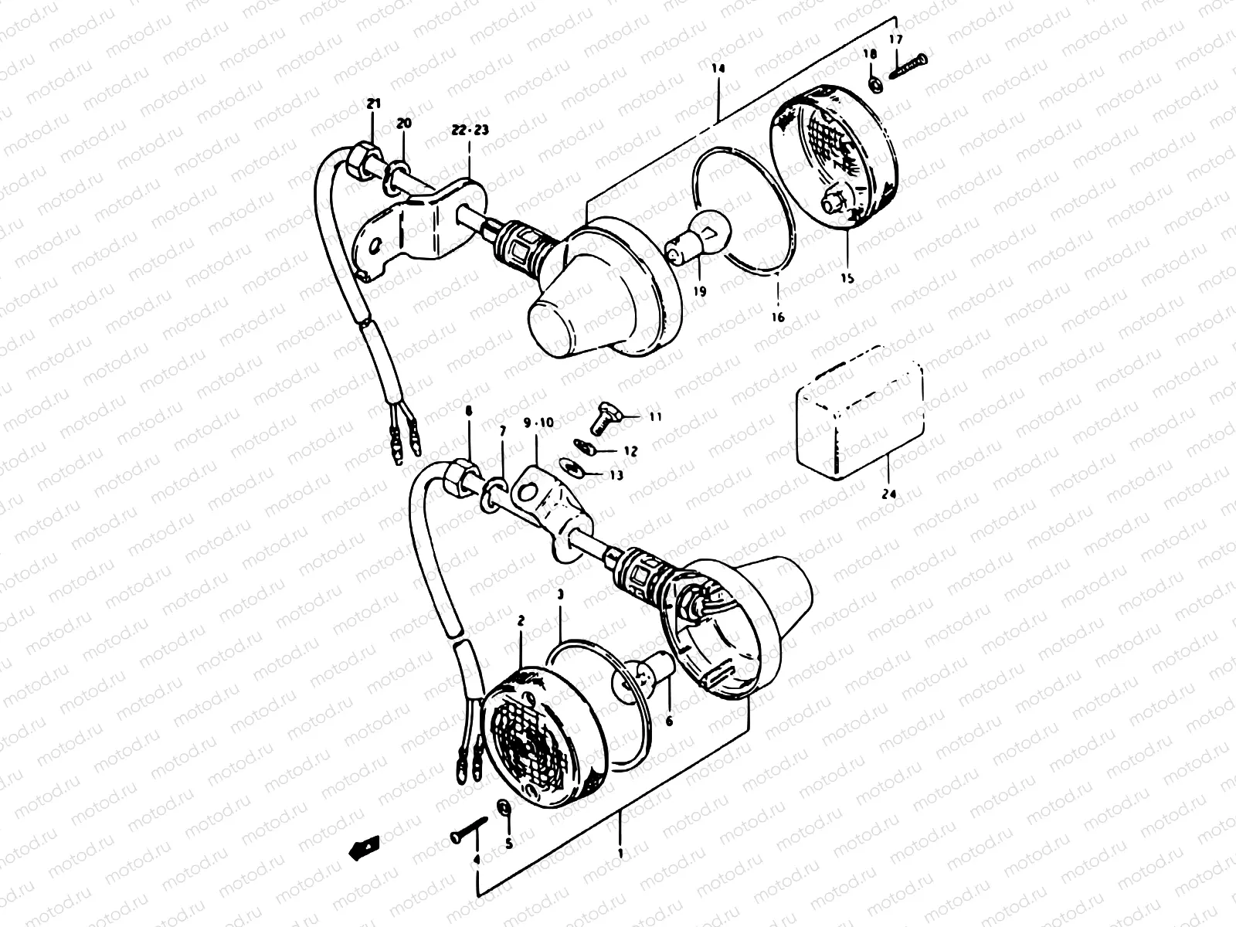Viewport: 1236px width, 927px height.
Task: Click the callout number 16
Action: [x=777, y=317]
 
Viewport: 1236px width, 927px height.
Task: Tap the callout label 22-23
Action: [x=470, y=131]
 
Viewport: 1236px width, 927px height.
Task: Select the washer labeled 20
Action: [x=400, y=170]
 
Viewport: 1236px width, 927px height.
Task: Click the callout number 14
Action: [x=718, y=69]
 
